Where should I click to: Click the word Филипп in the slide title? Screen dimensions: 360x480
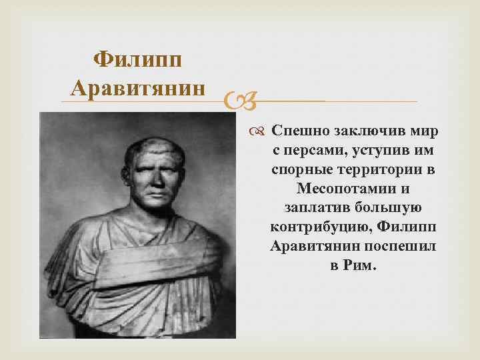click(x=139, y=61)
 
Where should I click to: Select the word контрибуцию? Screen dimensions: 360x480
click(x=319, y=226)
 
